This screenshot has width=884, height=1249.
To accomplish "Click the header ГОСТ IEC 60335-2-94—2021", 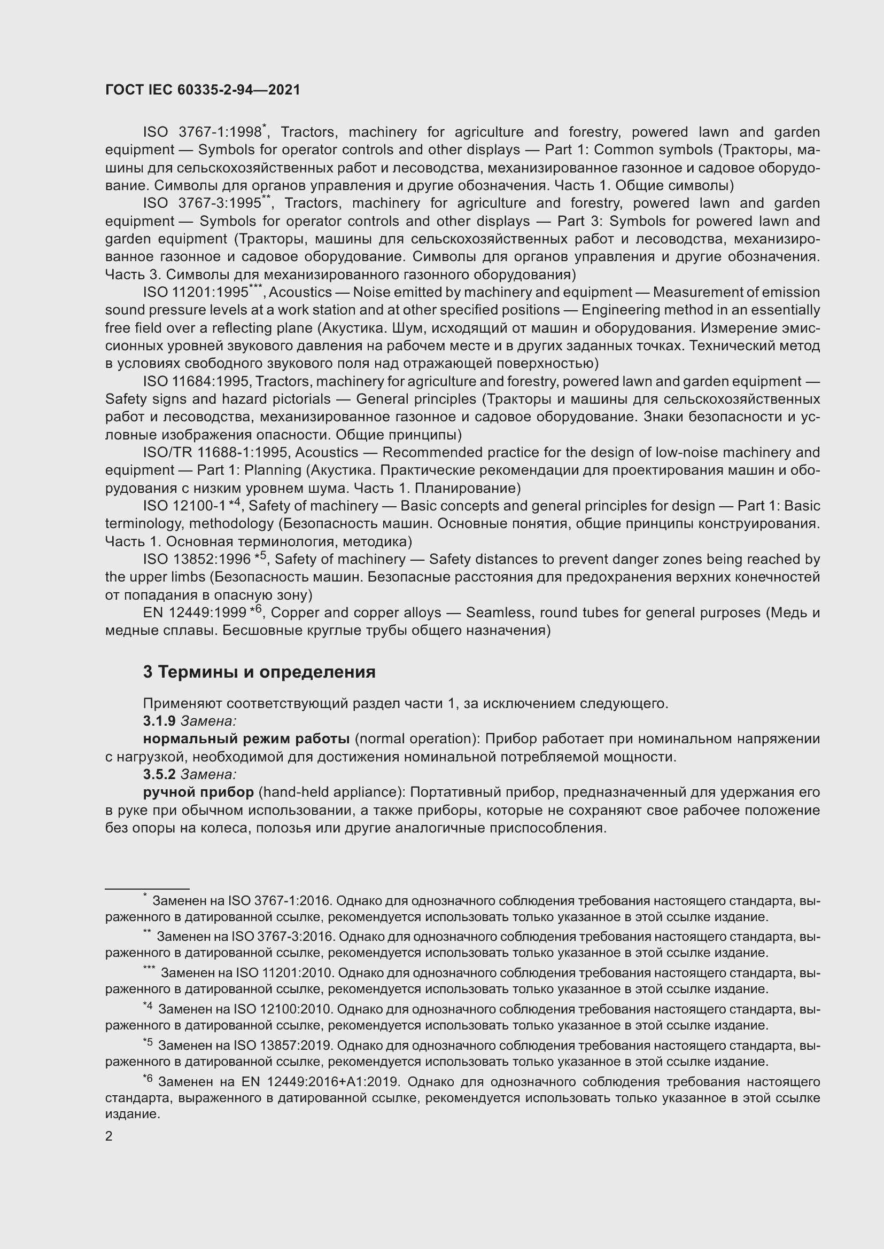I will click(x=203, y=90).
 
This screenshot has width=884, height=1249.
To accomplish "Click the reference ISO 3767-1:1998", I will click(x=202, y=132).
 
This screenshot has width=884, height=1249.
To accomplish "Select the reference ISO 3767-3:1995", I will click(x=202, y=203).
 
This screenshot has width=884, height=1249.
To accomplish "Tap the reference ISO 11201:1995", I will click(x=196, y=293).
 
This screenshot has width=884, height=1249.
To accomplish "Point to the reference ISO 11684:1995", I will click(x=196, y=382).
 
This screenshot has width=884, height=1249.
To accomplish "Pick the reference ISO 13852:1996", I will click(x=197, y=560).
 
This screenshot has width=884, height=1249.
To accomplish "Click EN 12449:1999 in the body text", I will click(x=195, y=613).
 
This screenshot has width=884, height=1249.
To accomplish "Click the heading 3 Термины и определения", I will click(x=259, y=672).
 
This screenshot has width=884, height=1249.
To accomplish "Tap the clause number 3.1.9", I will click(x=159, y=721).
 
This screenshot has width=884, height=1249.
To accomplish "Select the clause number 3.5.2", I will click(x=159, y=774).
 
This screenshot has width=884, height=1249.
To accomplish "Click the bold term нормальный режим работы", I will click(x=246, y=739).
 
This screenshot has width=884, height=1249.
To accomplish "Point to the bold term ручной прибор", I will click(x=198, y=792).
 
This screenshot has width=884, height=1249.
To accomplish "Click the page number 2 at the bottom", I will click(x=109, y=1137).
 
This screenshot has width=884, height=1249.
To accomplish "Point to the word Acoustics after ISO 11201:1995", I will click(x=300, y=293).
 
